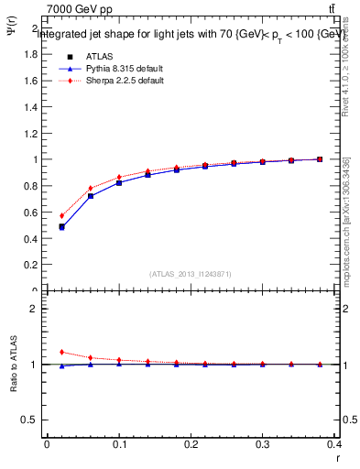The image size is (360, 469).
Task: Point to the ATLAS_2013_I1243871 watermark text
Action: (190, 274)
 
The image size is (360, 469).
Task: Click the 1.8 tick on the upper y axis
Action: (30, 54)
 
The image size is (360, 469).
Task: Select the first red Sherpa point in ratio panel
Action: (61, 352)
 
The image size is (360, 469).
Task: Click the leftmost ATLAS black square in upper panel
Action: (61, 226)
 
